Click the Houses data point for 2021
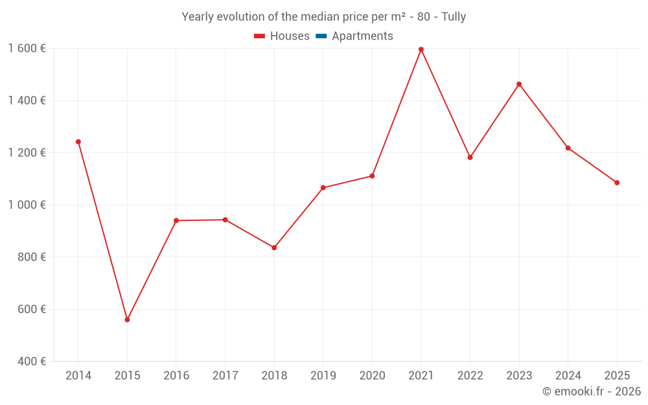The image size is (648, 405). pyautogui.click(x=421, y=49)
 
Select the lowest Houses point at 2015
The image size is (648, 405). pyautogui.click(x=127, y=319)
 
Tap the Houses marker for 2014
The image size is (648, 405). pyautogui.click(x=78, y=142)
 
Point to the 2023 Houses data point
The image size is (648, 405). pyautogui.click(x=519, y=84)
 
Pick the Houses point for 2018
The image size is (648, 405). pyautogui.click(x=274, y=248)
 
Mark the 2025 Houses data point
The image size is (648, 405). pyautogui.click(x=617, y=183)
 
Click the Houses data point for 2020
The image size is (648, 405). pyautogui.click(x=372, y=176)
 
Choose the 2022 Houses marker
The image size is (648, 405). pyautogui.click(x=470, y=157)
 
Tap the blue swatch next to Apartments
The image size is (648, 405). pyautogui.click(x=321, y=36)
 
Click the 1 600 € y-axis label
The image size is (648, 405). pyautogui.click(x=27, y=49)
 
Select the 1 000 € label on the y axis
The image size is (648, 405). pyautogui.click(x=27, y=205)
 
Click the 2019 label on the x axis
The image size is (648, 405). pyautogui.click(x=323, y=376)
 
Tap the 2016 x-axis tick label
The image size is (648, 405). pyautogui.click(x=176, y=376)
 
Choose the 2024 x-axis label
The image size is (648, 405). pyautogui.click(x=568, y=376)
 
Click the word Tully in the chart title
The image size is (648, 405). pyautogui.click(x=454, y=17)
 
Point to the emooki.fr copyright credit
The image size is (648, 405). pyautogui.click(x=592, y=391)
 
